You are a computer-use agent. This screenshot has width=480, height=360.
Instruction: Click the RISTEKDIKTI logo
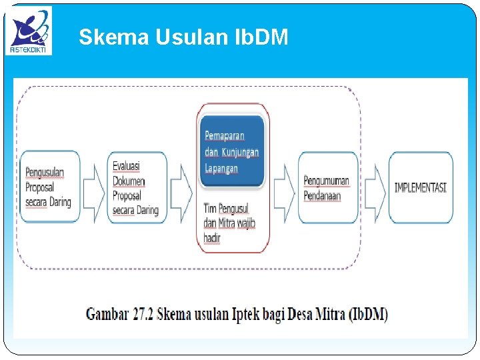(x=29, y=31)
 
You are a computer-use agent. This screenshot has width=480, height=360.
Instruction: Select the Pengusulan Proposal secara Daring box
(x=50, y=187)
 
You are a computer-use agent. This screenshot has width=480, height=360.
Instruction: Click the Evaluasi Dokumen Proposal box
(x=137, y=187)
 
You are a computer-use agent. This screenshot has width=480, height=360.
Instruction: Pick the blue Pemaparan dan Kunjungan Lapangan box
(x=232, y=151)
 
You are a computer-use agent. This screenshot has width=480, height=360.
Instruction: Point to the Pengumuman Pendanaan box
(x=327, y=187)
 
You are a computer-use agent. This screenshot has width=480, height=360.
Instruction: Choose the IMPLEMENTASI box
(x=420, y=187)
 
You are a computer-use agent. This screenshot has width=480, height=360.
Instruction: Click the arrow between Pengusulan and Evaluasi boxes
(x=93, y=187)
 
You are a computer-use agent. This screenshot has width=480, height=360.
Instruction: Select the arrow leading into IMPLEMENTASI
(x=375, y=187)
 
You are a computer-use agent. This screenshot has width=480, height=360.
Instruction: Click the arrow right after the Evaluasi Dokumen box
(x=181, y=187)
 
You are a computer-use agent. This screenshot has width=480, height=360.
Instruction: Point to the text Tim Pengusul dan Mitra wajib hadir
(x=229, y=223)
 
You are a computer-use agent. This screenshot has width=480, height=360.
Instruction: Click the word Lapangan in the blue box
(x=221, y=169)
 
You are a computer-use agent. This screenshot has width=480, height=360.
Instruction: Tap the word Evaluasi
(x=126, y=166)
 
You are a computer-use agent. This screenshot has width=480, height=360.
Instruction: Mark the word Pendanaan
(x=323, y=195)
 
